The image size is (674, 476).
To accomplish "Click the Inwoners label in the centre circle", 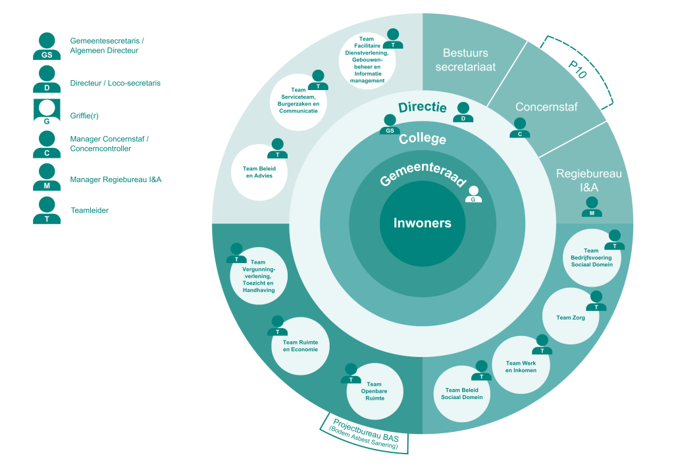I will pyautogui.click(x=423, y=223).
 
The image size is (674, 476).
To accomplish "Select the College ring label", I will pyautogui.click(x=423, y=139).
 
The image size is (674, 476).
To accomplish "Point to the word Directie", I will pyautogui.click(x=423, y=107).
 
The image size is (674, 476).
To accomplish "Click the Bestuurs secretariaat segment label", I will pyautogui.click(x=465, y=59).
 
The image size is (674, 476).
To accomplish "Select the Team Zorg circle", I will pyautogui.click(x=570, y=318).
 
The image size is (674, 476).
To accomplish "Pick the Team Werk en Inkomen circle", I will pyautogui.click(x=521, y=366).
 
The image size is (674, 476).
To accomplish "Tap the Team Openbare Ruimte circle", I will pyautogui.click(x=374, y=392).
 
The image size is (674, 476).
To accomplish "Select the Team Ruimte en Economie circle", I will pyautogui.click(x=300, y=346).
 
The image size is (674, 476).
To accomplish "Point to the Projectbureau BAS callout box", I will pyautogui.click(x=367, y=435).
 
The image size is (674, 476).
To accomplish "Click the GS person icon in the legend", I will pyautogui.click(x=47, y=46).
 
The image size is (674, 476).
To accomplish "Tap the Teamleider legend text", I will pyautogui.click(x=90, y=211).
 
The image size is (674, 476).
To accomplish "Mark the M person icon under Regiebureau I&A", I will pyautogui.click(x=592, y=207).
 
